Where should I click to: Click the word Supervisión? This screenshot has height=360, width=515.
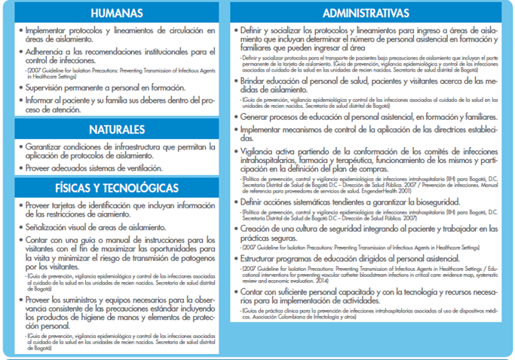tap(48, 88)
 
